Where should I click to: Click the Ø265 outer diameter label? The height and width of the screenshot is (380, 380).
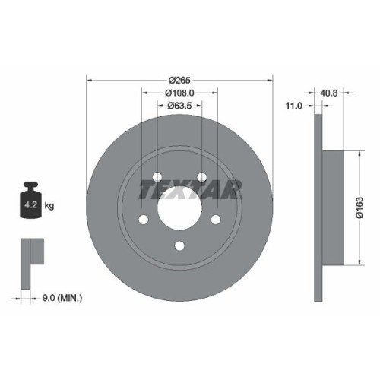179,80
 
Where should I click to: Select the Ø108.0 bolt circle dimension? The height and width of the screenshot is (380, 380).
180,93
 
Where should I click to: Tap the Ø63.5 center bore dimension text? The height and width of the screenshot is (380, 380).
180,106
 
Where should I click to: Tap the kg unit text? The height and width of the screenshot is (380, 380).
49,206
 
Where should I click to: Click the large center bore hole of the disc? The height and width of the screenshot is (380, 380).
179,204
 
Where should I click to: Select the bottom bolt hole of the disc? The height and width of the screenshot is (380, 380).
179,245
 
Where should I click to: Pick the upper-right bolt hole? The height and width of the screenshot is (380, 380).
202,177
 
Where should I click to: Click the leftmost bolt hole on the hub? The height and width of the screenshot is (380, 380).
144,220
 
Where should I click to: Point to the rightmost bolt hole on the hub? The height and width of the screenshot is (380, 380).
216,220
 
